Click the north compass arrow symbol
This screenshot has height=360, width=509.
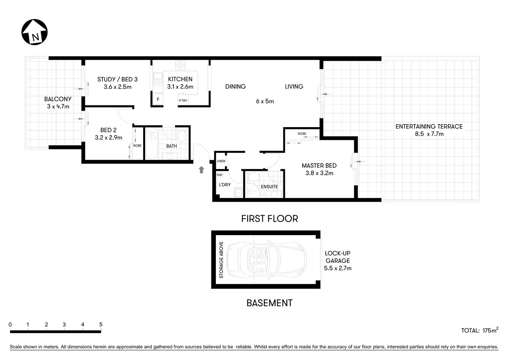click(34, 32)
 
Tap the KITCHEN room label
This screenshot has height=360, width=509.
click(180, 79)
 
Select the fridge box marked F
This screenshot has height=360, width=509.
click(158, 99)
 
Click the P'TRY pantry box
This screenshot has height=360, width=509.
click(183, 100)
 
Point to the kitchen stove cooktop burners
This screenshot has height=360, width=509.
click(181, 65)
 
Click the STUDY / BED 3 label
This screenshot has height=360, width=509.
click(117, 79)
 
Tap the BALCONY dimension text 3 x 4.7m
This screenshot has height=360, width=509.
click(58, 106)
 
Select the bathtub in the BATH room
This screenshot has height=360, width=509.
click(152, 144)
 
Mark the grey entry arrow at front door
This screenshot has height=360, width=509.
click(201, 170)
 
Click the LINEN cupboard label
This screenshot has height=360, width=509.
click(221, 161)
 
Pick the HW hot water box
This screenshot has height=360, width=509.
click(219, 175)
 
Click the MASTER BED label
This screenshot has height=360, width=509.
click(319, 165)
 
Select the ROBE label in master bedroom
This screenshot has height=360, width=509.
click(302, 134)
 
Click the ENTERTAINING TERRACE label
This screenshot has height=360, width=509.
click(429, 126)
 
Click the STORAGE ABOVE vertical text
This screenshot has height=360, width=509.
click(221, 260)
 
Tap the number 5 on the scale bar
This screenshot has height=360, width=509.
click(101, 325)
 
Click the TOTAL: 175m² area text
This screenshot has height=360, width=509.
click(479, 330)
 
